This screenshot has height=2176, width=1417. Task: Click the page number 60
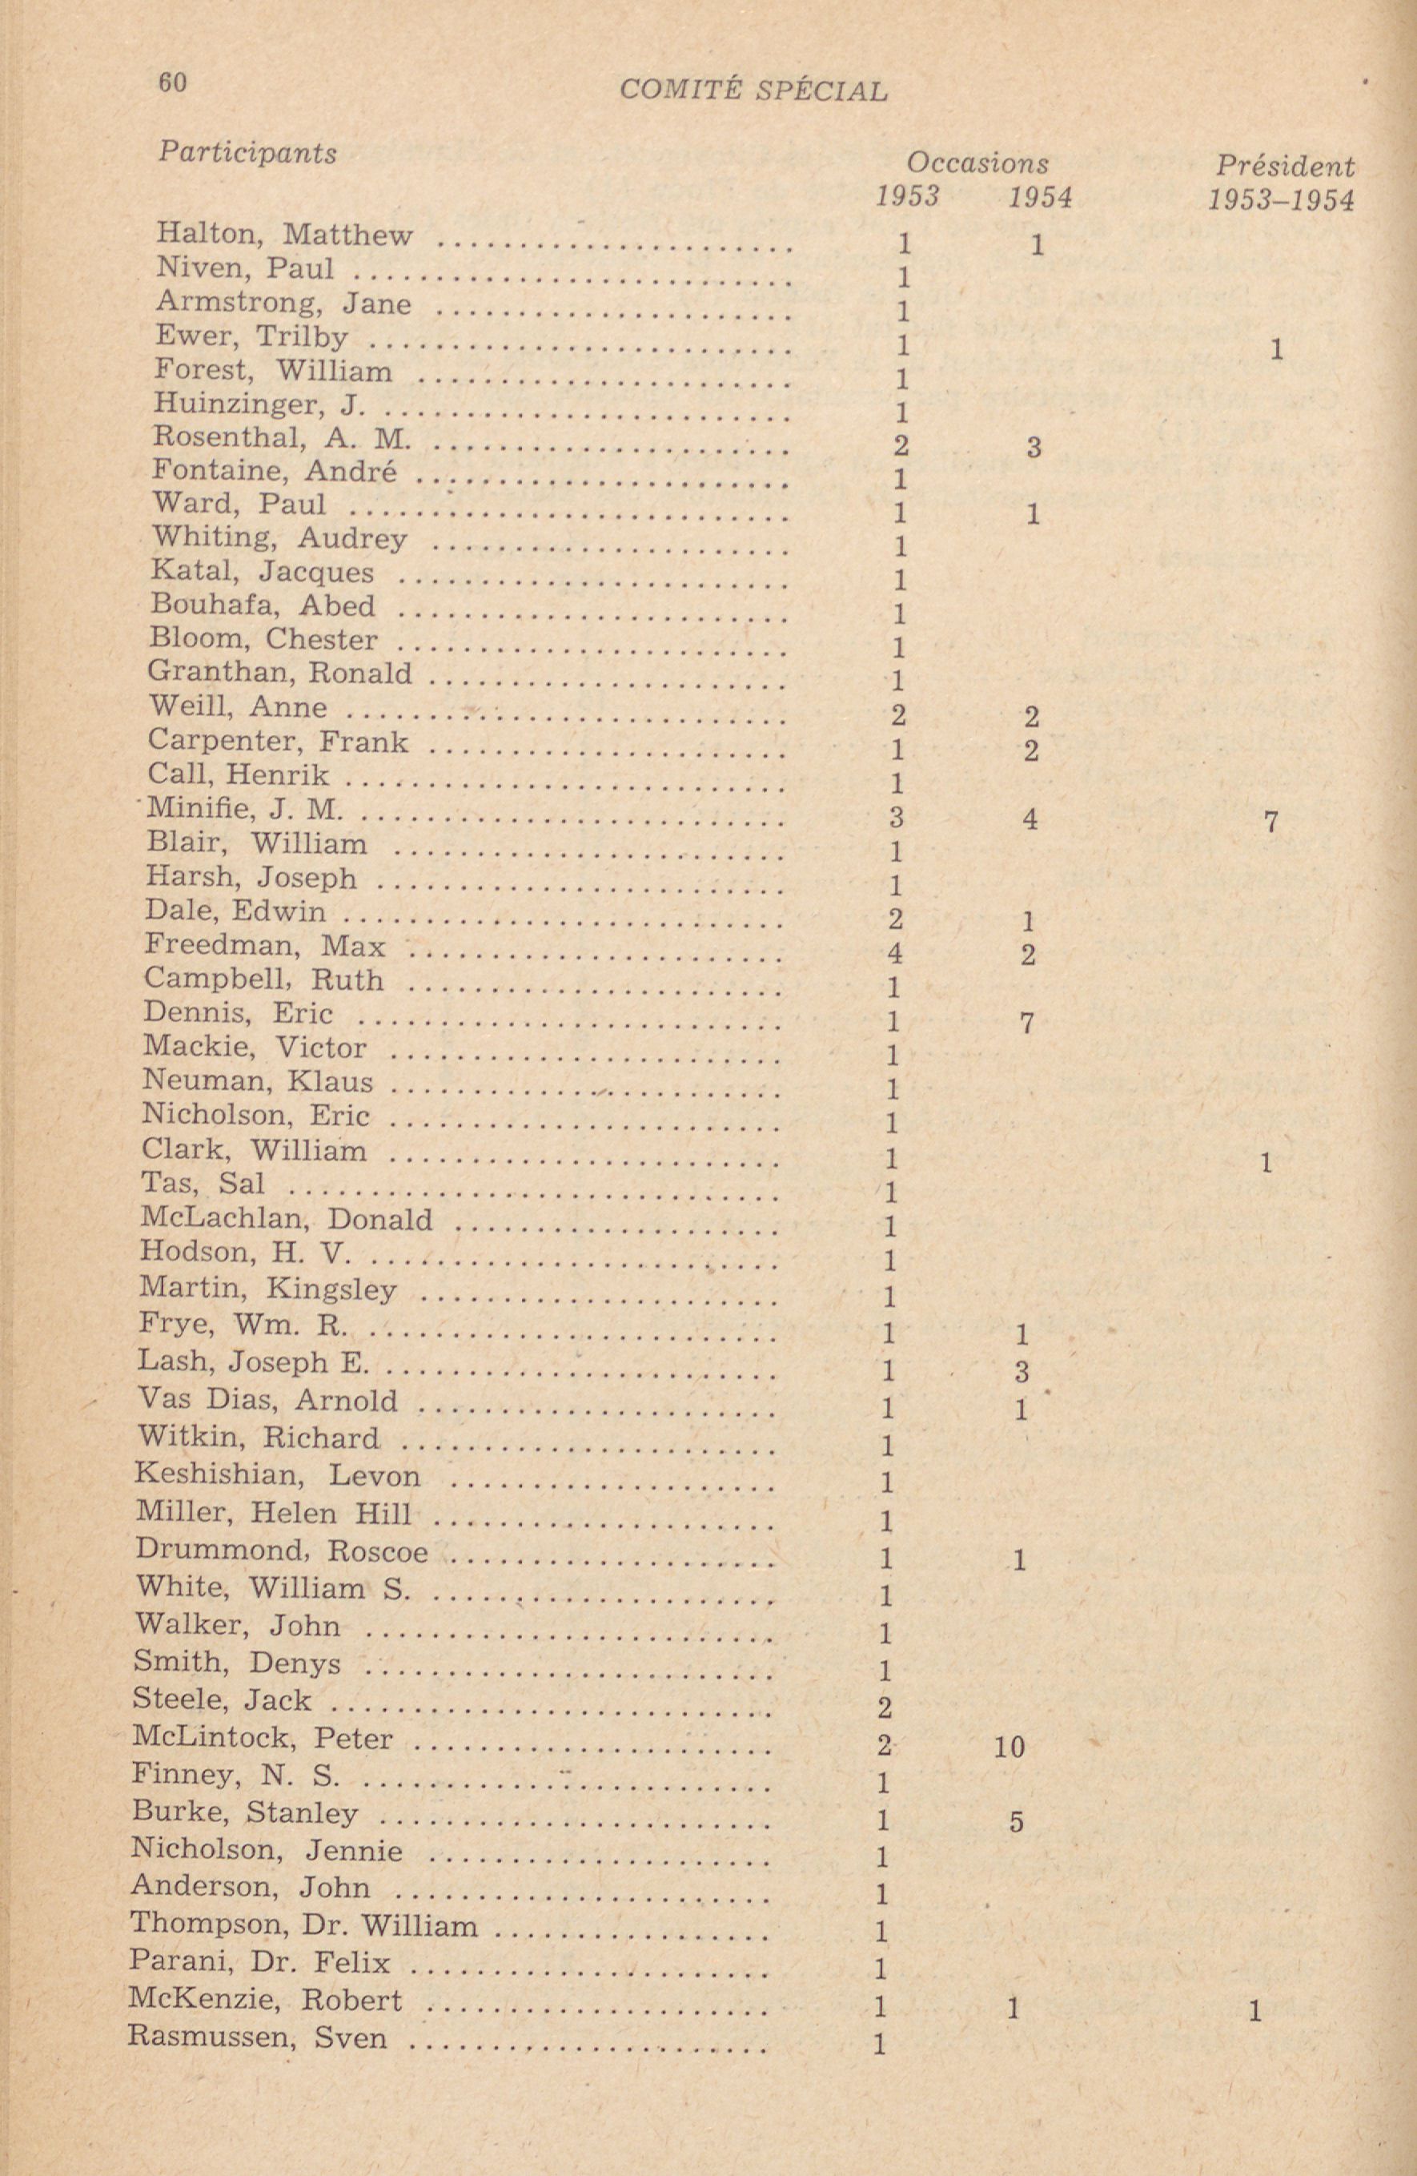(172, 83)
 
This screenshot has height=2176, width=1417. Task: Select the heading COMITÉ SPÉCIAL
(753, 90)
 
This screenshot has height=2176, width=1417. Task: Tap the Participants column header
(247, 152)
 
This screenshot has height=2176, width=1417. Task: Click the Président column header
(1284, 167)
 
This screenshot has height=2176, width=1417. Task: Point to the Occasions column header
(977, 163)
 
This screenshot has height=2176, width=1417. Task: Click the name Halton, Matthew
(284, 235)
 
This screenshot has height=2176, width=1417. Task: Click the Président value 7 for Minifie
(1270, 822)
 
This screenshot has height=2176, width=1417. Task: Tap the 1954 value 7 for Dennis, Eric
(1026, 1023)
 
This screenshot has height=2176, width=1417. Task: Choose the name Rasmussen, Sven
(258, 2036)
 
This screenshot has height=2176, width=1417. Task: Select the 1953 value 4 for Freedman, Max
(895, 954)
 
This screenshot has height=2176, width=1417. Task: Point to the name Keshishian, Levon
(278, 1474)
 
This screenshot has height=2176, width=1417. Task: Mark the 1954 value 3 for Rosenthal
(1033, 448)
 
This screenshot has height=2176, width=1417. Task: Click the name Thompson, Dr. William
(303, 1925)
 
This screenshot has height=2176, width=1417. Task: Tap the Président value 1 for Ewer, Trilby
(1277, 349)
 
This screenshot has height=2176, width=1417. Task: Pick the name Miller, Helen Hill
(273, 1513)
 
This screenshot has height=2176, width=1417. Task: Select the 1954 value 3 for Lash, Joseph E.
(1022, 1371)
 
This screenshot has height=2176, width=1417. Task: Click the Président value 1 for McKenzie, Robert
(1255, 2009)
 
